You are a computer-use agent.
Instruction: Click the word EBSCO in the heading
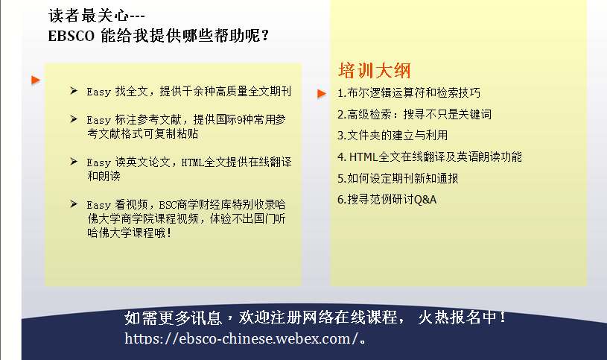(71, 36)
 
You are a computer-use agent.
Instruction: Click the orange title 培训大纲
(374, 71)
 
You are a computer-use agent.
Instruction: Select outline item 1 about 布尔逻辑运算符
(409, 92)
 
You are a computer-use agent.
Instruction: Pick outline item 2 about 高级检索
(414, 114)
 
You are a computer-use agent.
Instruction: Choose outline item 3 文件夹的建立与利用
(393, 135)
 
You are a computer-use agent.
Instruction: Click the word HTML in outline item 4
(363, 157)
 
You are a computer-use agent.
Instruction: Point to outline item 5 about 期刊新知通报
(398, 178)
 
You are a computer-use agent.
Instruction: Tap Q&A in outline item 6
(425, 200)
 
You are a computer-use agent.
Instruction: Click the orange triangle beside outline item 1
(321, 93)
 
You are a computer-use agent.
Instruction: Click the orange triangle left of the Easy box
(36, 80)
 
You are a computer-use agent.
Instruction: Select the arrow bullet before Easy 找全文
(74, 91)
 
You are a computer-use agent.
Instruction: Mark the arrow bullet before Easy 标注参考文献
(74, 119)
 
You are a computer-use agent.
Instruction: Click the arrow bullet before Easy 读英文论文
(74, 161)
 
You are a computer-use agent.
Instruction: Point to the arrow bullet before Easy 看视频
(74, 203)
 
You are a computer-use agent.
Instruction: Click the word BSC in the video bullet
(168, 205)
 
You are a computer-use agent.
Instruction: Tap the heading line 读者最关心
(97, 16)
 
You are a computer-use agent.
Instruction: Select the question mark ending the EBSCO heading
(265, 36)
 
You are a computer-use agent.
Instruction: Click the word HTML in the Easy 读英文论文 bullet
(193, 162)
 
